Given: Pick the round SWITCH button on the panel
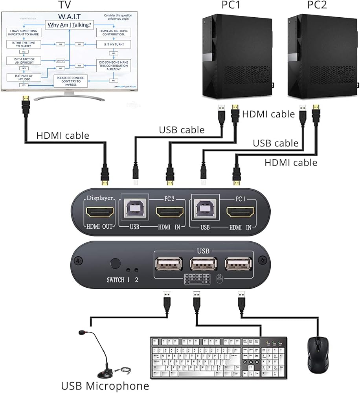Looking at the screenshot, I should click(115, 263).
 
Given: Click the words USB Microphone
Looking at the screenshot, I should click(105, 385).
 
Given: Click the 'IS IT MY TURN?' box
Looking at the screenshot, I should click(114, 44).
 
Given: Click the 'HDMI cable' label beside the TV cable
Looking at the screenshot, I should click(63, 136).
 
